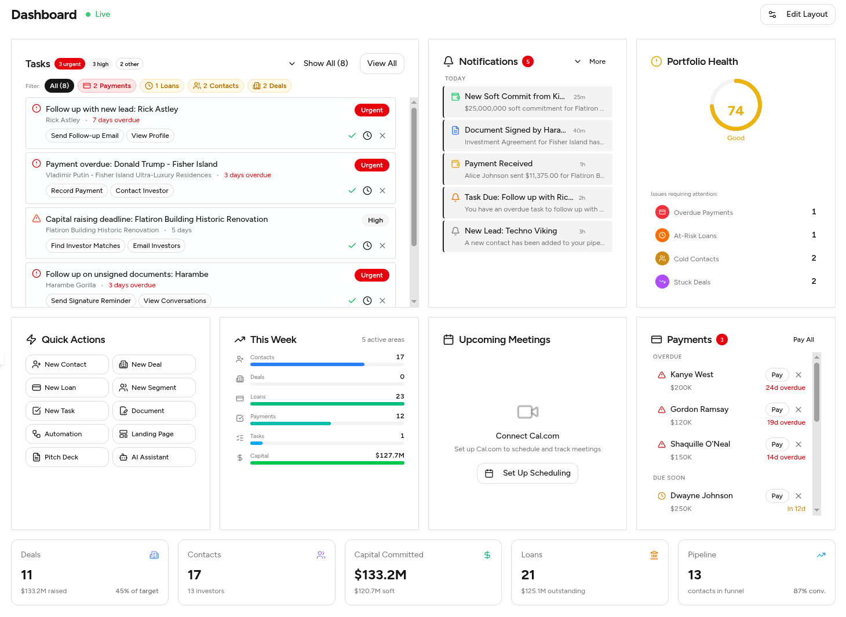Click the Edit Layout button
797,14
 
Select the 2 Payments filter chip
107,86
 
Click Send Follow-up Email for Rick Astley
85,136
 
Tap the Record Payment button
76,191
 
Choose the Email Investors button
156,246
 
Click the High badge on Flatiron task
375,220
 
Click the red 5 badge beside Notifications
527,61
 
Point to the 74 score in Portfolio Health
735,111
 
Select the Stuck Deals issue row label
692,282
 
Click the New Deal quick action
154,364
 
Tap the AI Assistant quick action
154,457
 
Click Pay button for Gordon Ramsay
777,410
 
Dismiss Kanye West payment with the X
798,375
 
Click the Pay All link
803,339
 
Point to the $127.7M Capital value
389,455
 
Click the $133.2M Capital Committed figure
380,575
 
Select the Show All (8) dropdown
319,64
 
